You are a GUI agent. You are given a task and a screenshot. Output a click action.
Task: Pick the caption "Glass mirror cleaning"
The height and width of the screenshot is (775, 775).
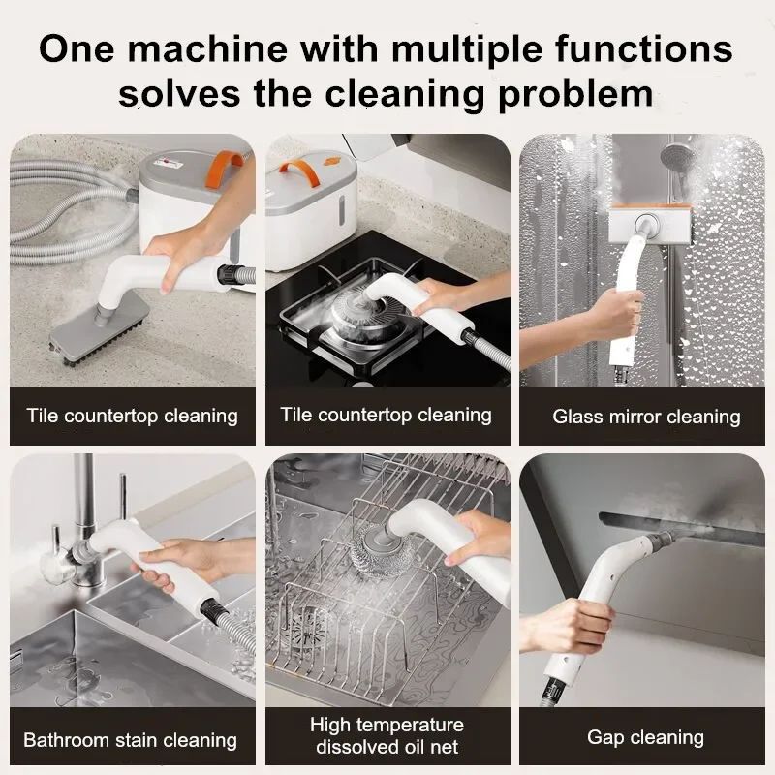click(646, 418)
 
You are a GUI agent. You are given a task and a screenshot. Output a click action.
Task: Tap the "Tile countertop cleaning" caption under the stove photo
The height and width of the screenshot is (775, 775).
click(386, 416)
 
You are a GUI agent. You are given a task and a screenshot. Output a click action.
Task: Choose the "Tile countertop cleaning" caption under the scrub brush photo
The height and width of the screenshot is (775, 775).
click(132, 417)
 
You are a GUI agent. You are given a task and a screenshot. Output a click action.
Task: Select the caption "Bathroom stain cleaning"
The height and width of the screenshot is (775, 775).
click(130, 740)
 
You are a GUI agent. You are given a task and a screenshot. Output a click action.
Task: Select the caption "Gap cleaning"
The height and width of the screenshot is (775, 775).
click(646, 737)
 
